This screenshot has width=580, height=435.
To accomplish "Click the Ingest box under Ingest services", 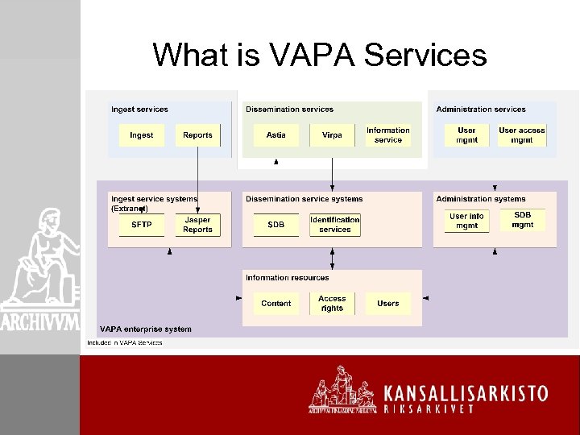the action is coord(141,135).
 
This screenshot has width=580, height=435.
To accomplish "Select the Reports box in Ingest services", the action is coord(197,135).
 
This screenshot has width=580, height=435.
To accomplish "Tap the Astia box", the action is coord(275,135).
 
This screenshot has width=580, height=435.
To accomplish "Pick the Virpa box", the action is coord(332,135).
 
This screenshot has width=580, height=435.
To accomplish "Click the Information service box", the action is coord(388,135).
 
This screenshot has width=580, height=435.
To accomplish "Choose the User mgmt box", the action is coord(466,135).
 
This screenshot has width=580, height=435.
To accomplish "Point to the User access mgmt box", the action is coord(522,135).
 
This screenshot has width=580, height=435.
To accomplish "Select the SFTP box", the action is coord(141,225).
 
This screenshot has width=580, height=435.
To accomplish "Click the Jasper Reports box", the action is coord(197,225).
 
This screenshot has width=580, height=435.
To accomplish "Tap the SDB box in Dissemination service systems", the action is coord(275,225).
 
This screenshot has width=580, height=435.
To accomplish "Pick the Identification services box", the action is coord(335,225).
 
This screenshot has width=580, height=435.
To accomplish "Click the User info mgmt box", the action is coord(466,221).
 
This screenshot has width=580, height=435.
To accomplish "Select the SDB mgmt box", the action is coord(523,220).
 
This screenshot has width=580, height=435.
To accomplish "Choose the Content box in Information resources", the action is coord(275,304).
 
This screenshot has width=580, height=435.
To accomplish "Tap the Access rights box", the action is coord(332,304).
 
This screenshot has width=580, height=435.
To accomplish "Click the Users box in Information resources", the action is coord(388,304).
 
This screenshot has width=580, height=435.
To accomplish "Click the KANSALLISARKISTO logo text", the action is coord(466,394).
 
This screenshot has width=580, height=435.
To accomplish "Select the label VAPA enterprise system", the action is coord(146,329).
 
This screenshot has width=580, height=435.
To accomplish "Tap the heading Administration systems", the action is coord(481,199).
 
